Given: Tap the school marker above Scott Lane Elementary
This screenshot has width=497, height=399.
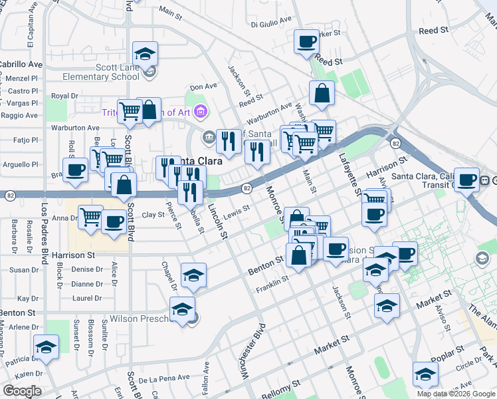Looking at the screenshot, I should [145, 53].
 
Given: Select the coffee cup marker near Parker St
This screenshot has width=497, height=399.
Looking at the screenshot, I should [306, 42].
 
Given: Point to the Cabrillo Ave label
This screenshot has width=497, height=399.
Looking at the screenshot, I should [21, 65].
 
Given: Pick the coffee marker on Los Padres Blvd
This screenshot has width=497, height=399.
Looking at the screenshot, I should [74, 170].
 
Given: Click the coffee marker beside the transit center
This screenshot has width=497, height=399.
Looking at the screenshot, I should [467, 178].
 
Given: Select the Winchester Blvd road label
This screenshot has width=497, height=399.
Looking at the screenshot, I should [255, 350].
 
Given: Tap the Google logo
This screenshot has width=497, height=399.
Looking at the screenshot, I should [22, 391].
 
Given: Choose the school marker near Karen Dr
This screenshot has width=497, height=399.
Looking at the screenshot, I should [46, 346].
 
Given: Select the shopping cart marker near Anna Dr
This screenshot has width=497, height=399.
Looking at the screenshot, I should [90, 216].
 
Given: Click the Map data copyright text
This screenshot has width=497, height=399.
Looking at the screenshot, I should [456, 394].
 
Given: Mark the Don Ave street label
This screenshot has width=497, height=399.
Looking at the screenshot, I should [203, 86].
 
